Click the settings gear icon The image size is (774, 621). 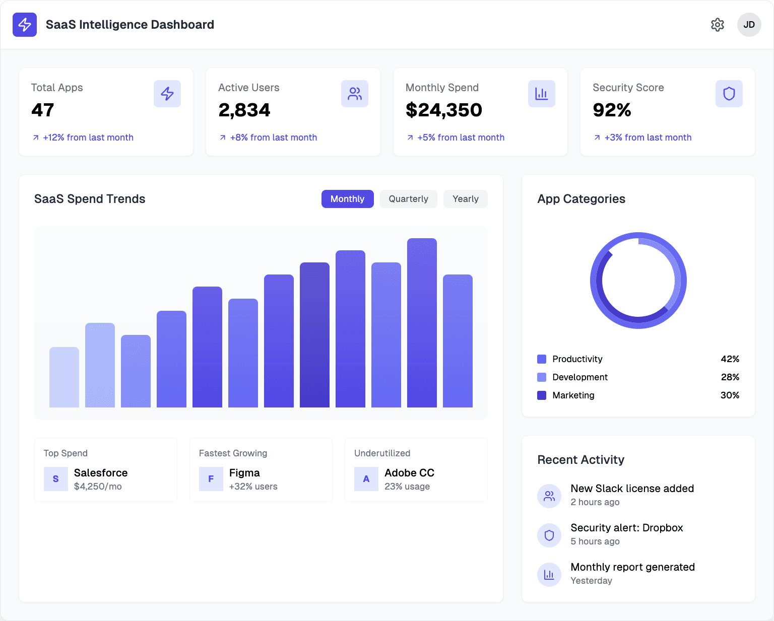click(x=718, y=25)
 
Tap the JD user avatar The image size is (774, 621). click(x=749, y=25)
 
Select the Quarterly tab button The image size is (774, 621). click(x=408, y=199)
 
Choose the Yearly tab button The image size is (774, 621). click(x=465, y=199)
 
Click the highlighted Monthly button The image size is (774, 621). click(x=347, y=199)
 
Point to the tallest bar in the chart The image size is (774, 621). click(x=422, y=322)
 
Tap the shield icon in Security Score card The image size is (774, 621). click(x=729, y=94)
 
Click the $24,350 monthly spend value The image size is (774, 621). click(x=443, y=110)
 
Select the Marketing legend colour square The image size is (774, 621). click(x=542, y=395)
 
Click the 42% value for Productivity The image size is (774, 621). click(x=730, y=359)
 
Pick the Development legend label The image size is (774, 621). click(x=579, y=377)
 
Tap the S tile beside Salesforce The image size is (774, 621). click(x=56, y=479)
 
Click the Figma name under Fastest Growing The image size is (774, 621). click(x=244, y=473)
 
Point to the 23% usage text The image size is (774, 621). click(x=407, y=487)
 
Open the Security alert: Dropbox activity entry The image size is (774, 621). click(x=626, y=528)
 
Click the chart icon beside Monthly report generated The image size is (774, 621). click(x=549, y=574)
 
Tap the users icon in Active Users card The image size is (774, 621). click(x=354, y=94)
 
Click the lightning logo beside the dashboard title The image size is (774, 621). click(x=25, y=25)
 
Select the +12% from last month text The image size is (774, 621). click(x=88, y=137)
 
